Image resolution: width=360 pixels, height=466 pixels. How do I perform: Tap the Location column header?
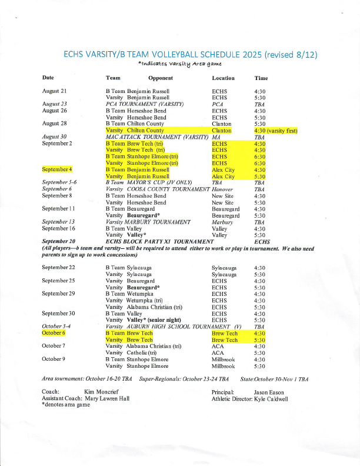(x=223, y=78)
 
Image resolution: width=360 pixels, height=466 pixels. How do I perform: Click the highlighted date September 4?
(x=57, y=169)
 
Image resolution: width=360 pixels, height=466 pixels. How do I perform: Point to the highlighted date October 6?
(x=54, y=333)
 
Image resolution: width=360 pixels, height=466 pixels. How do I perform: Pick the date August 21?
(x=55, y=91)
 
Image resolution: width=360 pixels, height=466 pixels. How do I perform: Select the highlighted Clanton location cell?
(x=221, y=130)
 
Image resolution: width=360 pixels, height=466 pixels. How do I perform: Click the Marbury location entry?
(x=222, y=222)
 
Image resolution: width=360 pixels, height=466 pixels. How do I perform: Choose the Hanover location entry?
(x=222, y=189)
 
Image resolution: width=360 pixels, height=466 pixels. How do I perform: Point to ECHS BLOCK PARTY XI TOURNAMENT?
(x=159, y=241)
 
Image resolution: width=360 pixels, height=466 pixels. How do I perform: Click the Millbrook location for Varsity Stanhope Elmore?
(x=223, y=366)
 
